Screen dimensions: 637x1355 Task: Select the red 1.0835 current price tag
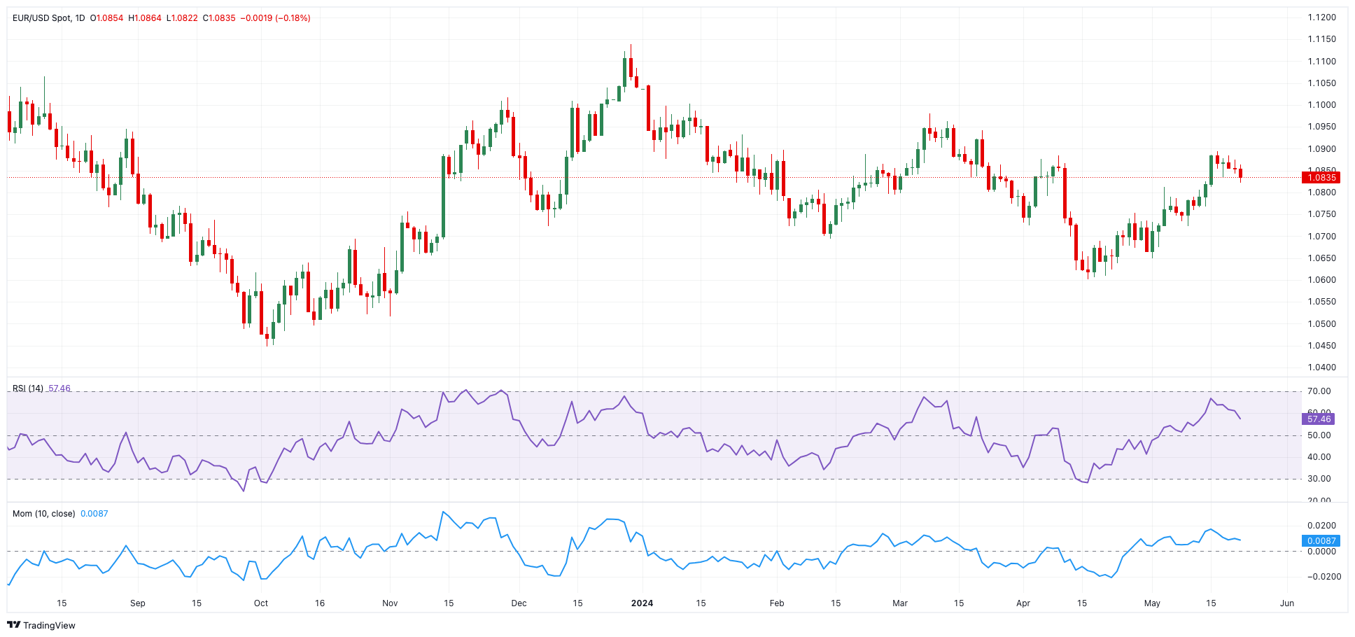(1319, 177)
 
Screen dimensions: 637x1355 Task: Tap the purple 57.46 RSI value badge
(1319, 419)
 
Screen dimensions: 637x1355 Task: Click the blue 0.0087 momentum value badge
(1321, 540)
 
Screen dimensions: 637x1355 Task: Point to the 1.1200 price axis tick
(1321, 17)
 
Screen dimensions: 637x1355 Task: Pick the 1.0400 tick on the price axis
(1321, 367)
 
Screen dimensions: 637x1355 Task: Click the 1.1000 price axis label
(1321, 105)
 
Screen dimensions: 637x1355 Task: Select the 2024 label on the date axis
(642, 603)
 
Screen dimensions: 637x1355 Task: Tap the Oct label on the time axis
(261, 603)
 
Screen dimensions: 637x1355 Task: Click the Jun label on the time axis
(1286, 603)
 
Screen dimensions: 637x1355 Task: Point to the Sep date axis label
(138, 603)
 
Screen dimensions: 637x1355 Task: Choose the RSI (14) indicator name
(28, 388)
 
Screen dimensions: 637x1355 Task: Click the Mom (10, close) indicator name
(43, 513)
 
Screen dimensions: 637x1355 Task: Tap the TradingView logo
(41, 625)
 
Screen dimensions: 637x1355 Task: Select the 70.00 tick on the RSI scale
(1319, 391)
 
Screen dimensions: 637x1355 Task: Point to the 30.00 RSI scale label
(1319, 479)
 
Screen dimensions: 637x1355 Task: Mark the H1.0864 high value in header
(145, 17)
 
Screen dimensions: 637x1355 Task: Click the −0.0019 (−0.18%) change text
(275, 17)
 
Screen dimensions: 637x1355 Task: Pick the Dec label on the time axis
(519, 603)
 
